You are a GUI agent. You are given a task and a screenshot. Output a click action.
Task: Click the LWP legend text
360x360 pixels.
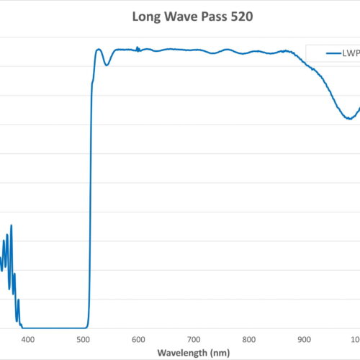tap(351, 53)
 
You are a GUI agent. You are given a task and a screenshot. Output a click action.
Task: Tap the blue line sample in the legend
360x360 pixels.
tap(333, 53)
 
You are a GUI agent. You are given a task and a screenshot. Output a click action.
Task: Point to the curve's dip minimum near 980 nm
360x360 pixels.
tap(348, 118)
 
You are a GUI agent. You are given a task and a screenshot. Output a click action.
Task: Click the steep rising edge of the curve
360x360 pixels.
tap(91, 180)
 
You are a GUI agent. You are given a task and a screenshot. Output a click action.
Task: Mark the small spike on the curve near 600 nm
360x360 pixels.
tap(138, 48)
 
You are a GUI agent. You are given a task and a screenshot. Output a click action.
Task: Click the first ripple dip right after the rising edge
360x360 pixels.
tap(107, 66)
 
